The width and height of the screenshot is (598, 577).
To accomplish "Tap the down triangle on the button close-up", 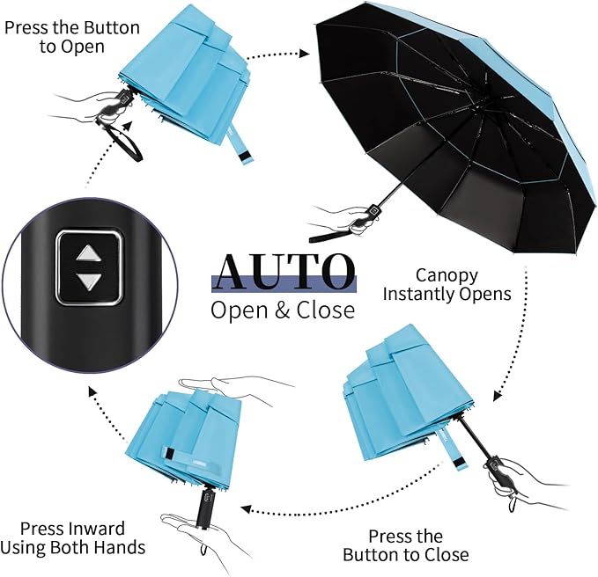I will (88, 281).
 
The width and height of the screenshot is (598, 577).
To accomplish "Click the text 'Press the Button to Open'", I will (72, 37).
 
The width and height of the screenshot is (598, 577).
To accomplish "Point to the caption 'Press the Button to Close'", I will (405, 545).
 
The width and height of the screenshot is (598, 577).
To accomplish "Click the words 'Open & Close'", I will (283, 310).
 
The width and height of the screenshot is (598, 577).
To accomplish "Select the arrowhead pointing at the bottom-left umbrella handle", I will (246, 508).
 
